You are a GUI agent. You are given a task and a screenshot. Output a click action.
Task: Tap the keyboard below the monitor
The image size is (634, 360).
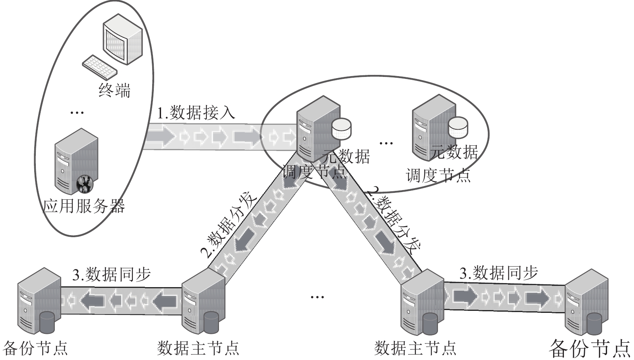(100, 67)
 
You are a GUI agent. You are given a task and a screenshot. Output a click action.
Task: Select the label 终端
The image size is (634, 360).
(115, 90)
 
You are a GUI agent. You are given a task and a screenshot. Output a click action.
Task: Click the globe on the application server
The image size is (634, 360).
(85, 184)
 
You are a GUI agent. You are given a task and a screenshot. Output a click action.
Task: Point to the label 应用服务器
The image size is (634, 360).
(84, 206)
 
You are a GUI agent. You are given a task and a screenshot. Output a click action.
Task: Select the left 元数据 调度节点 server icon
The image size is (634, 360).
(319, 129)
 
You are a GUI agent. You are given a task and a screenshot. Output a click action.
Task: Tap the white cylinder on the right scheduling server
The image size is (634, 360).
(458, 127)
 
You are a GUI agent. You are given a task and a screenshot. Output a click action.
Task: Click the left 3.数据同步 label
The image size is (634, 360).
(112, 274)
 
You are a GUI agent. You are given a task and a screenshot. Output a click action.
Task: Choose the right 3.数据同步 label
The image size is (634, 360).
(498, 273)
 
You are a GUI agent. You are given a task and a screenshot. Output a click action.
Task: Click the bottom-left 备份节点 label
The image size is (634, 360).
(35, 348)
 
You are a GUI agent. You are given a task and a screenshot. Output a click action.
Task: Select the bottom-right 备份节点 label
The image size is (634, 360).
(590, 348)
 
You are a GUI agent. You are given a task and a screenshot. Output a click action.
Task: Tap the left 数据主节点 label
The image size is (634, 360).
(198, 348)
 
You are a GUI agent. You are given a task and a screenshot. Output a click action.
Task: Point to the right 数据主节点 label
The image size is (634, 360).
(415, 348)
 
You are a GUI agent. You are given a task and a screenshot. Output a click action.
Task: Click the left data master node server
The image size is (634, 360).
(203, 301)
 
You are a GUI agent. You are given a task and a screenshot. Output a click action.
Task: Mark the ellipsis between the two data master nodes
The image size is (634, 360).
(317, 297)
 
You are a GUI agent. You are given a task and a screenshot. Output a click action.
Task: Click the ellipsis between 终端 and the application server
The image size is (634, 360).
(77, 113)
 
